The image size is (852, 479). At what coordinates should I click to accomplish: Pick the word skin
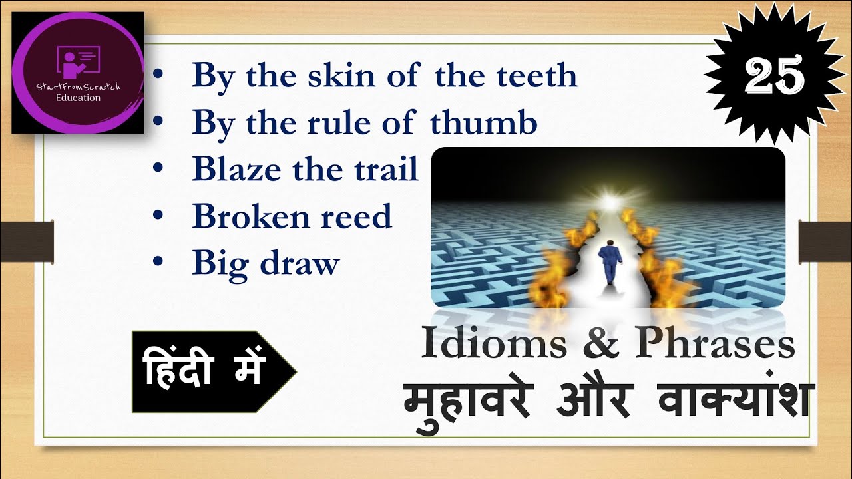click(x=332, y=76)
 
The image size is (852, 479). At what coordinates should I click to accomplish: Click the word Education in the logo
click(x=78, y=98)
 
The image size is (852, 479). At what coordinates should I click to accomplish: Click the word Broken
click(x=242, y=217)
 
